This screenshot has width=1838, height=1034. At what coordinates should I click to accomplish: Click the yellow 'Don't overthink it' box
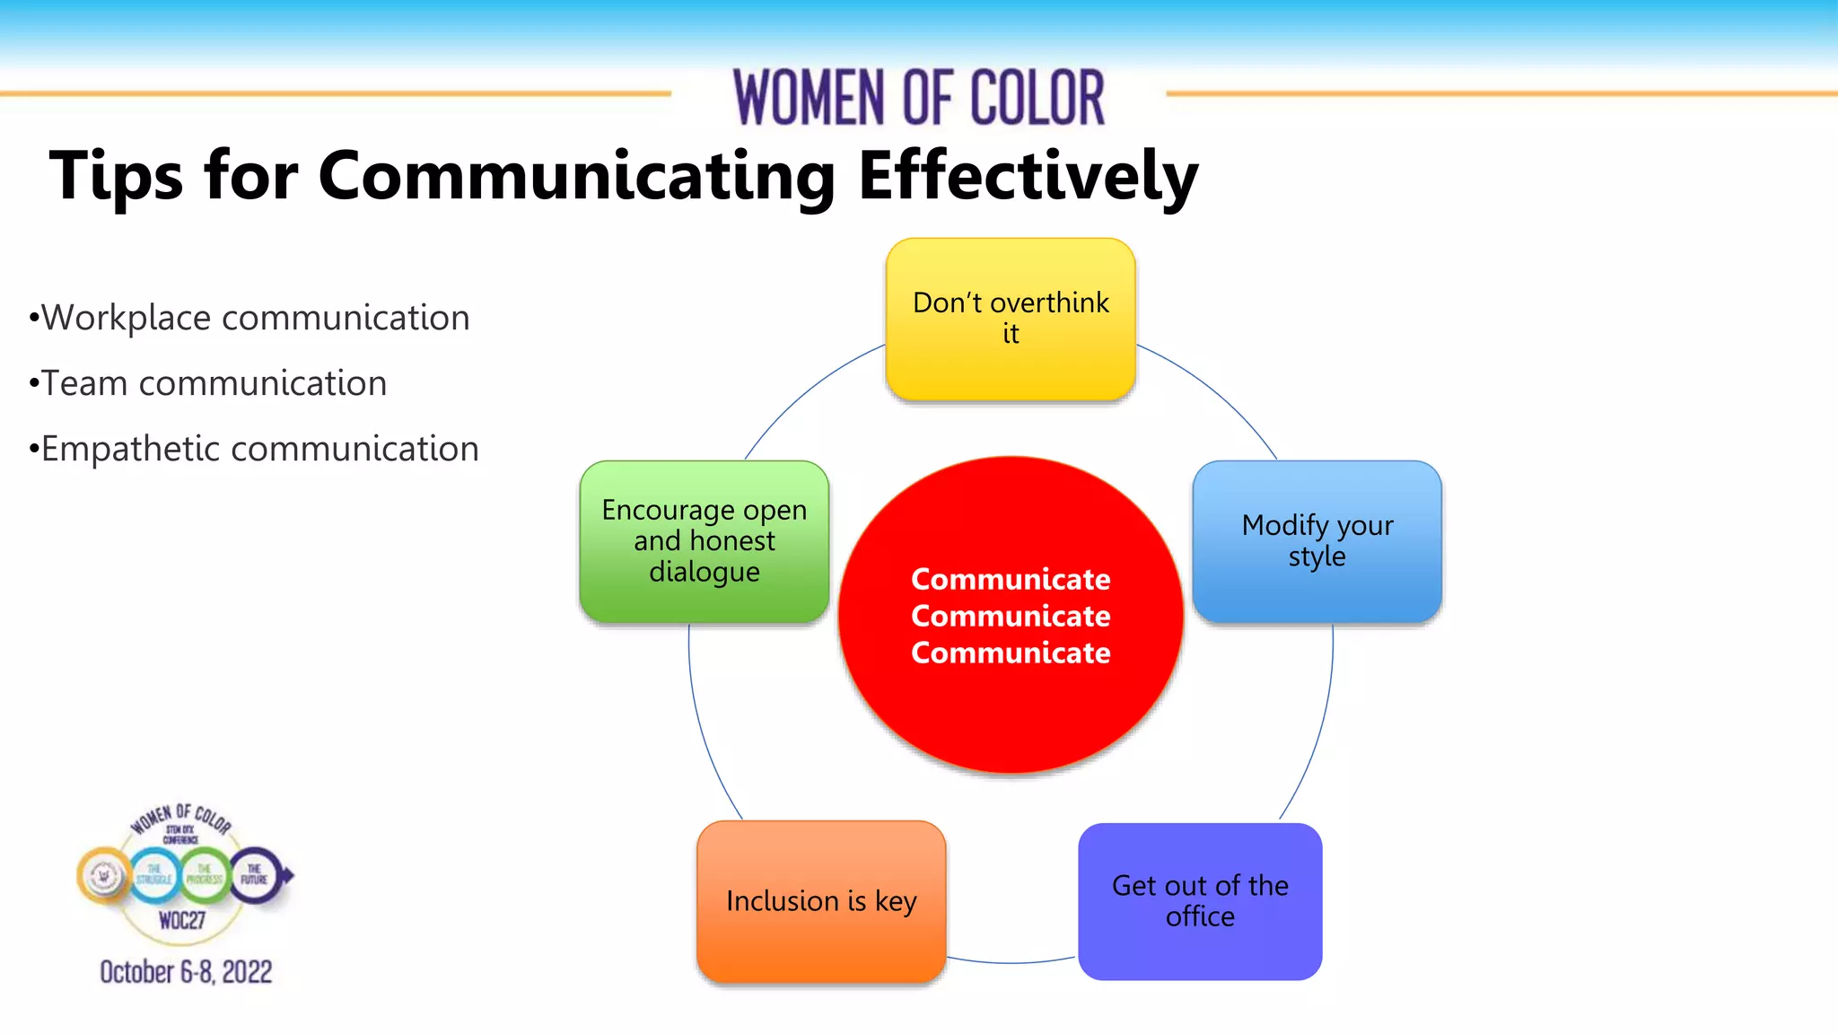[x=1011, y=319]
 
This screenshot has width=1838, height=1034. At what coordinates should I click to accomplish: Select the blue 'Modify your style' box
[x=1317, y=541]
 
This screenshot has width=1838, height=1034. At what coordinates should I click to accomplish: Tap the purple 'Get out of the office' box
[x=1200, y=901]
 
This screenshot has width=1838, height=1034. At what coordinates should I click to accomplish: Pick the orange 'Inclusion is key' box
[x=821, y=900]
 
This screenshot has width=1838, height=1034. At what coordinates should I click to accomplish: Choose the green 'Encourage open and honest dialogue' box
[x=705, y=541]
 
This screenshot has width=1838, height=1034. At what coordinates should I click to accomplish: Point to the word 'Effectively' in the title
[x=1028, y=175]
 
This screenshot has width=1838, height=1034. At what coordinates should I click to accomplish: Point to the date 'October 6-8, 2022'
[x=186, y=972]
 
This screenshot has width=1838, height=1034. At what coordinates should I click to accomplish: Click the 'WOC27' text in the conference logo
[x=182, y=920]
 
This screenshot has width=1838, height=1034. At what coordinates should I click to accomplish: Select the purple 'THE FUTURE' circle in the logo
[x=255, y=874]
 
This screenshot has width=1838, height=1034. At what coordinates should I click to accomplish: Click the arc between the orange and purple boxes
[x=1011, y=963]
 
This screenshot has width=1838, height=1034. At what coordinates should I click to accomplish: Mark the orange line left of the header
[x=332, y=93]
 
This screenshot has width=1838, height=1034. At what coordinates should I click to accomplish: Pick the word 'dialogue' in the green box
[x=705, y=573]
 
